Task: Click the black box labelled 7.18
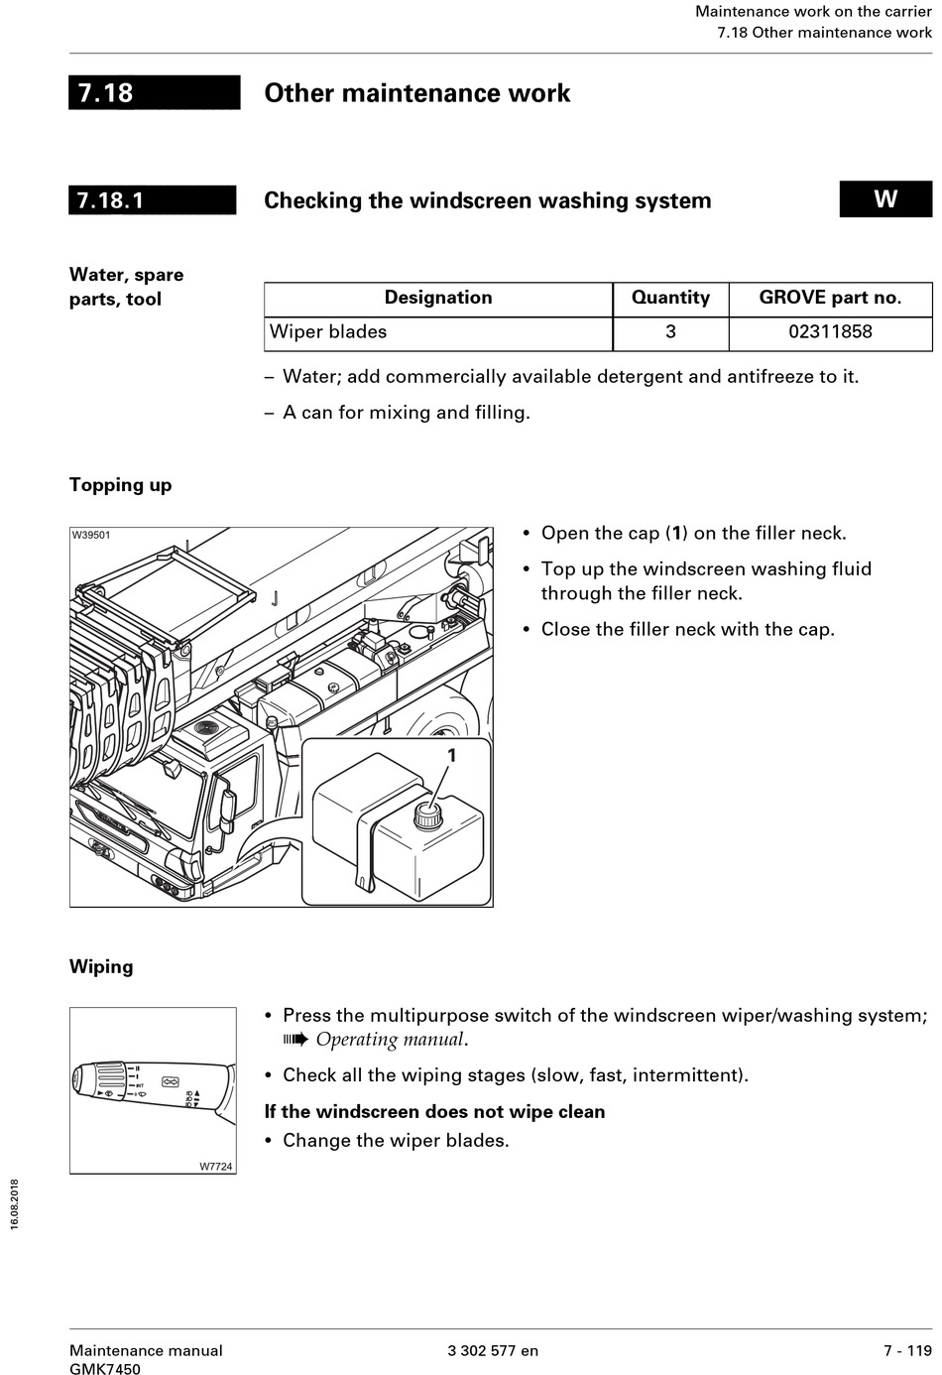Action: [154, 92]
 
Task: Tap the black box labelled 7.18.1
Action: [152, 199]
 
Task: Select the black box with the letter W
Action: [885, 198]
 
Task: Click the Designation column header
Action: [438, 298]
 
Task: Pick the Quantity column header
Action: [670, 298]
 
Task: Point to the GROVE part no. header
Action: [830, 298]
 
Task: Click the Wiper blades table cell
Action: [328, 331]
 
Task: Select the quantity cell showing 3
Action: [670, 331]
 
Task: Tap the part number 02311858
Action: [830, 331]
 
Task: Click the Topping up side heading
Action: [120, 485]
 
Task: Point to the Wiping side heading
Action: [101, 966]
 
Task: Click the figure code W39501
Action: [91, 536]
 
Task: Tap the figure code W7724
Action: [216, 1167]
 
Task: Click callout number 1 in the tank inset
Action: [452, 756]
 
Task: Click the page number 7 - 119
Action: [907, 1350]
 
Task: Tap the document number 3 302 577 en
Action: [493, 1350]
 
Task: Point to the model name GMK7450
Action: [105, 1369]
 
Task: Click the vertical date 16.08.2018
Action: [15, 1204]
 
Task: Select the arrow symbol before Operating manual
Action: [295, 1040]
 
